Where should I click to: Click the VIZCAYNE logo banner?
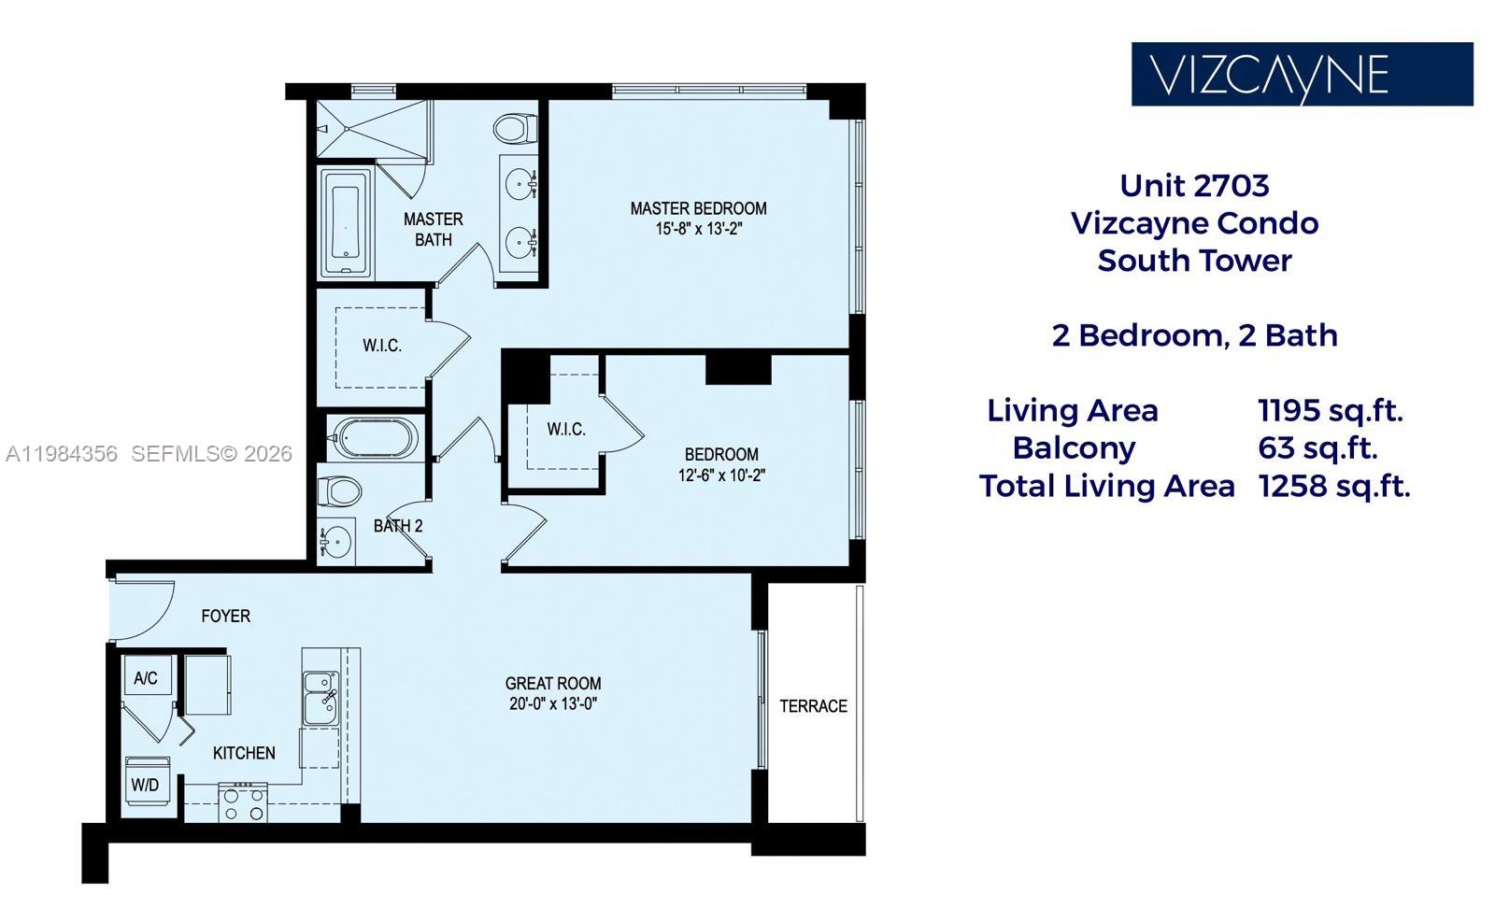[x=1302, y=74]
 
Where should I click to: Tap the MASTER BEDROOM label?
[x=698, y=208]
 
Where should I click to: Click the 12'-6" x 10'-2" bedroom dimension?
[x=721, y=475]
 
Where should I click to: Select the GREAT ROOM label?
[x=553, y=683]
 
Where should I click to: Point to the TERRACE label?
[x=813, y=706]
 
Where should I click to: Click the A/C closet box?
[x=147, y=677]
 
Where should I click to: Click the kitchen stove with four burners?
[x=243, y=803]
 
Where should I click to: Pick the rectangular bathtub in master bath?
[x=346, y=222]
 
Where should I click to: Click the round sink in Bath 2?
[x=335, y=542]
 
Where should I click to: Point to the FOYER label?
[x=225, y=616]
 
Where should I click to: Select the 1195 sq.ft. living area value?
[x=1330, y=410]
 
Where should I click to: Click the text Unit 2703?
[x=1194, y=185]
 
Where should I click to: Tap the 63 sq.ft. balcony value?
[x=1317, y=447]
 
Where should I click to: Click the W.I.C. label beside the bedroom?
[x=566, y=429]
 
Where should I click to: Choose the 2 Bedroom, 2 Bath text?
[x=1194, y=335]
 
